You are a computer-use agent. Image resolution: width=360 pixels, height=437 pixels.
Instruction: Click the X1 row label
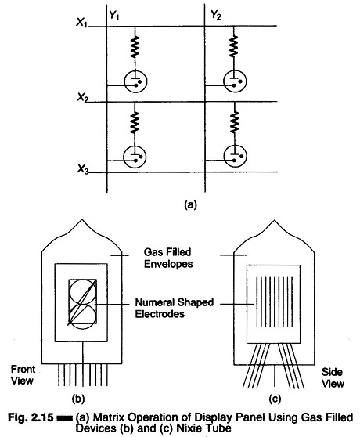pyautogui.click(x=82, y=22)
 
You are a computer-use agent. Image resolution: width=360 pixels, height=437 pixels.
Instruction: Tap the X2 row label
pyautogui.click(x=83, y=98)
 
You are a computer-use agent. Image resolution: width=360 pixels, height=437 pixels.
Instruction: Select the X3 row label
pyautogui.click(x=83, y=169)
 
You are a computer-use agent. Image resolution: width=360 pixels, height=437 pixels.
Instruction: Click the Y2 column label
pyautogui.click(x=216, y=15)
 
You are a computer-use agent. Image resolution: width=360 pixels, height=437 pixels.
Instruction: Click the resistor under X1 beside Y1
pyautogui.click(x=135, y=46)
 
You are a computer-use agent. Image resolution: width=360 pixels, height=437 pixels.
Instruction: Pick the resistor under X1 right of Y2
pyautogui.click(x=233, y=45)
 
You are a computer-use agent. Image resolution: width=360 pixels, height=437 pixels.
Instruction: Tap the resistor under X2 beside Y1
pyautogui.click(x=135, y=122)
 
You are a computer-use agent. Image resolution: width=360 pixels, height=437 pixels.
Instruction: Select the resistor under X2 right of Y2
pyautogui.click(x=235, y=121)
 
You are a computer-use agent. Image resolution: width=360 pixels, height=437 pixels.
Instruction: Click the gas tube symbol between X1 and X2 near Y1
pyautogui.click(x=135, y=81)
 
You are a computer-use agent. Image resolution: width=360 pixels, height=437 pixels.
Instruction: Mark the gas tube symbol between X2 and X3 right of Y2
pyautogui.click(x=236, y=156)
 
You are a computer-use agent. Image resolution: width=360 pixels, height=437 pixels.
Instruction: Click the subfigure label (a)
pyautogui.click(x=190, y=205)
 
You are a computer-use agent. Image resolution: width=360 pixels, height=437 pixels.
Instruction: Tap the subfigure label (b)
pyautogui.click(x=78, y=399)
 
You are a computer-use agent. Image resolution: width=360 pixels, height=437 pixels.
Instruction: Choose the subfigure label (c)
pyautogui.click(x=275, y=399)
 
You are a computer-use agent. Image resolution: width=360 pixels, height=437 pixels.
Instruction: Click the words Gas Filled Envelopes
pyautogui.click(x=168, y=258)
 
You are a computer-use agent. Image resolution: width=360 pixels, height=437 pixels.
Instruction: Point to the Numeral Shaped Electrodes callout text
pyautogui.click(x=175, y=308)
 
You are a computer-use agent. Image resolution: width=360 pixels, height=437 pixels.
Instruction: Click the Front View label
pyautogui.click(x=23, y=375)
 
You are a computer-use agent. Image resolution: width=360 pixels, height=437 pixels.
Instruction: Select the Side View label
pyautogui.click(x=333, y=377)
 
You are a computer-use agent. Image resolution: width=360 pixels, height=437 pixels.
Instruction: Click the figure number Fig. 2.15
pyautogui.click(x=31, y=417)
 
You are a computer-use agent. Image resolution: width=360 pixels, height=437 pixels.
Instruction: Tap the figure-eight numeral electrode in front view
pyautogui.click(x=83, y=302)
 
